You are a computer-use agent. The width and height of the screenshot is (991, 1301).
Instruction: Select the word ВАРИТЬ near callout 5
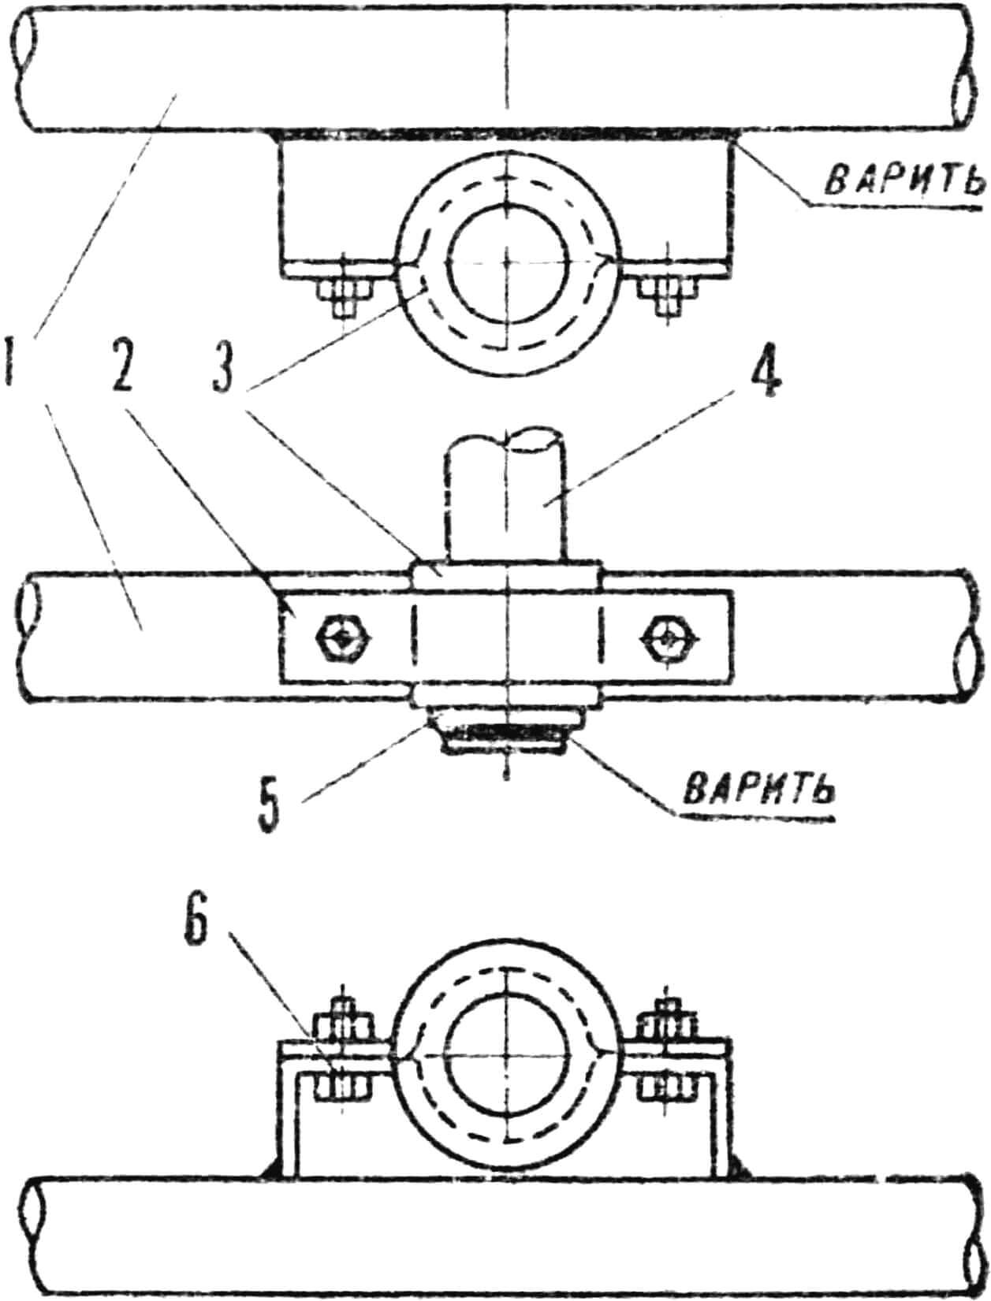click(x=759, y=789)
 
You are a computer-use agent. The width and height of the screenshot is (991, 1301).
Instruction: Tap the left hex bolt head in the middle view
click(x=341, y=635)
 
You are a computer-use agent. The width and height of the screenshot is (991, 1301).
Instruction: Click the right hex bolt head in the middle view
click(x=668, y=635)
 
